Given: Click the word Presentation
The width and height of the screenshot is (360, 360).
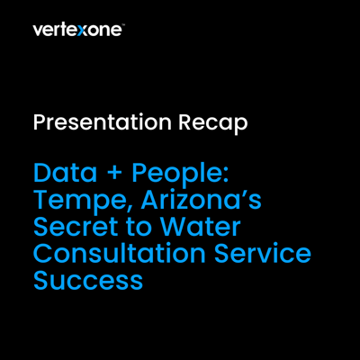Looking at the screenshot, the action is click(103, 122).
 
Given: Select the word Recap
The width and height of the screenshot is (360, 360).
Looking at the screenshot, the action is click(213, 122).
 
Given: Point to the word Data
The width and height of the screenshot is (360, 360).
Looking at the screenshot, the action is click(65, 173).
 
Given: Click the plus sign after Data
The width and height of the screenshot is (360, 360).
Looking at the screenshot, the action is click(114, 175).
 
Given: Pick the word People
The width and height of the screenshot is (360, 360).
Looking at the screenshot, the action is click(176, 175).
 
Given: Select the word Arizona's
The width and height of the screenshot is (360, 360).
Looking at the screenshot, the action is click(202, 200).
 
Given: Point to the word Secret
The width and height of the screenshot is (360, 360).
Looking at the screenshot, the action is click(75, 226).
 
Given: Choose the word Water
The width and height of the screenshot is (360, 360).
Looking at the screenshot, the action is click(200, 226).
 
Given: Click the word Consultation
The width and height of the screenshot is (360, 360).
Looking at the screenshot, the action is click(120, 253).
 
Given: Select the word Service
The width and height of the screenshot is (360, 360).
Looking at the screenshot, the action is click(263, 253).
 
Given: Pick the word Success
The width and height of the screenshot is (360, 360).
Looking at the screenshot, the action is click(88, 280).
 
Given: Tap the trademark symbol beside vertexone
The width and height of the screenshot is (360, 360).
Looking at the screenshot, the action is click(123, 26).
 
